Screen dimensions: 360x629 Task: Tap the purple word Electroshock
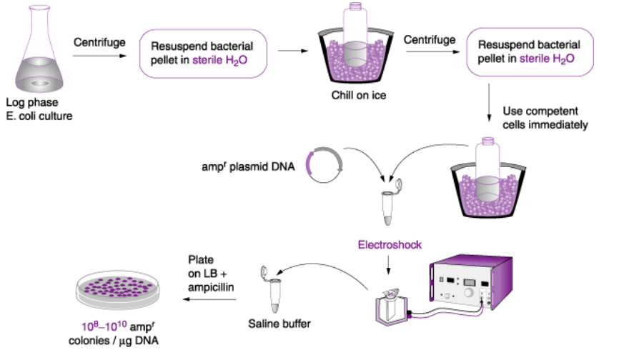coord(390,245)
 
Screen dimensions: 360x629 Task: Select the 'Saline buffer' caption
coord(275,325)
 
